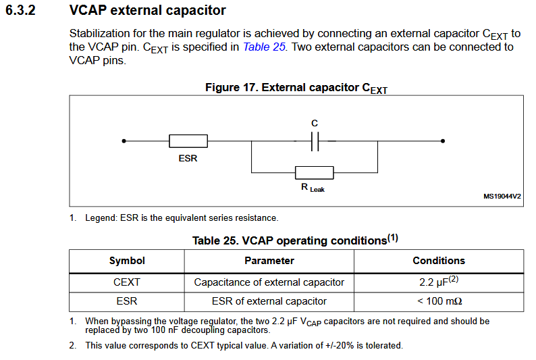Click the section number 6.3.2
pos(20,10)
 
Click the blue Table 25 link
pos(264,47)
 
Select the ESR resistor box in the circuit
pos(188,141)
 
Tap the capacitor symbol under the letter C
pos(315,141)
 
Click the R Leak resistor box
pos(315,173)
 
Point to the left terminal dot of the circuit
pos(124,141)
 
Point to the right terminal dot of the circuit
pos(443,141)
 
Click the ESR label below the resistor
pos(188,158)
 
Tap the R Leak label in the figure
pos(313,188)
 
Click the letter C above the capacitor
pos(315,123)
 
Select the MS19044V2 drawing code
pos(502,197)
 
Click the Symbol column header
pos(127,261)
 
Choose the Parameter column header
pos(269,261)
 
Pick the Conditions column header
pos(439,261)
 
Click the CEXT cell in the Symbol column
pos(127,282)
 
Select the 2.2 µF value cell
pos(439,282)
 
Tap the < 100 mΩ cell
pos(439,301)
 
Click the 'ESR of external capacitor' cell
pos(269,301)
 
